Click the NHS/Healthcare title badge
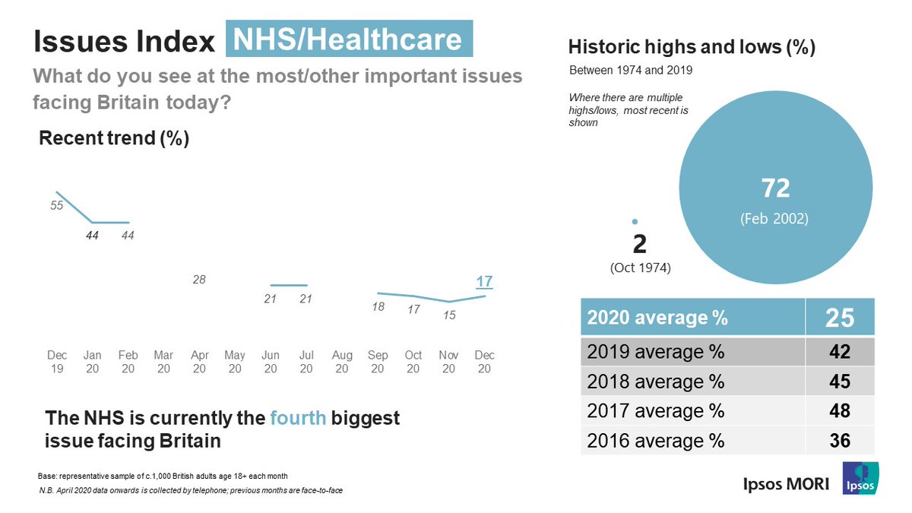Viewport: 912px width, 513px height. tap(349, 40)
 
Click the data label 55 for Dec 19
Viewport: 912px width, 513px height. tap(57, 205)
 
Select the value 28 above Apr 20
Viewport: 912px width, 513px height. tap(199, 280)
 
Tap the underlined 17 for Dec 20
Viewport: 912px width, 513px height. tap(484, 281)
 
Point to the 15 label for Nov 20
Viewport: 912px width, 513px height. tap(449, 314)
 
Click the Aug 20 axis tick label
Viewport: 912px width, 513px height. tap(342, 362)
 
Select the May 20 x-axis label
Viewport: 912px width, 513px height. tap(235, 362)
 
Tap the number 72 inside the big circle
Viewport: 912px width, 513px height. tap(775, 188)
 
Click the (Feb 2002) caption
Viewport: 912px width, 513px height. tap(774, 219)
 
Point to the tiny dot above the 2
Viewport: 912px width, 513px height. tap(635, 221)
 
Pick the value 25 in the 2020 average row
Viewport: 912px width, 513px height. tap(840, 318)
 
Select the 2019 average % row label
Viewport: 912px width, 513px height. tap(656, 352)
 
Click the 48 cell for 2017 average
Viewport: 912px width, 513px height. tap(840, 410)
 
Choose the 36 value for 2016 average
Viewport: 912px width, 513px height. tap(840, 440)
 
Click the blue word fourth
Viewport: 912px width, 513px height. tap(299, 418)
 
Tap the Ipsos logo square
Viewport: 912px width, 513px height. tap(860, 478)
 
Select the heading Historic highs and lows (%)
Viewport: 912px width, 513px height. tap(692, 48)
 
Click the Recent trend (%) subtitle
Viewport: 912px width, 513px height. tap(114, 138)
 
